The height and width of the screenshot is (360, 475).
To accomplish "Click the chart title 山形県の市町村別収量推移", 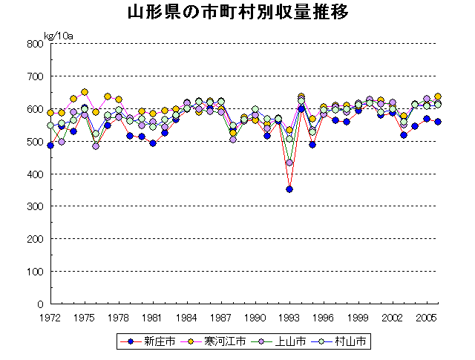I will pos(237,13).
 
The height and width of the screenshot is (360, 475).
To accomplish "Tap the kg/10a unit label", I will pos(59,36).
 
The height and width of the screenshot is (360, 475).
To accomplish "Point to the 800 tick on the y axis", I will pos(34,44).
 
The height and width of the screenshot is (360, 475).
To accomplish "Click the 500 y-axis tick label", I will pos(34,142).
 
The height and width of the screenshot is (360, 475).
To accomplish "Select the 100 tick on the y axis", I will pos(34,272).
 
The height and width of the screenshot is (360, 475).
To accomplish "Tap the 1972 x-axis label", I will pos(50,318).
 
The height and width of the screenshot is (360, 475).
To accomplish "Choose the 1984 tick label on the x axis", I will pos(186,318).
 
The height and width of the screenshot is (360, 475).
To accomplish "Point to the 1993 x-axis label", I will pos(289,318).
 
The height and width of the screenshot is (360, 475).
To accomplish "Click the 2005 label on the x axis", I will pos(426,318).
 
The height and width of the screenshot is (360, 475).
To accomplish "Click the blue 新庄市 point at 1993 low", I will pos(289,189).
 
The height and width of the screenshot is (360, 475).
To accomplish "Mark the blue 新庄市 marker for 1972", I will pos(50,145).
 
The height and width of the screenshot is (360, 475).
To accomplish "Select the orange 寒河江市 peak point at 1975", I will pos(85,92).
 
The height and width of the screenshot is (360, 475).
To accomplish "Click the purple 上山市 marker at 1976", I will pos(96,146).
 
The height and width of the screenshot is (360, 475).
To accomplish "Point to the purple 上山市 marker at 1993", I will pos(289,163).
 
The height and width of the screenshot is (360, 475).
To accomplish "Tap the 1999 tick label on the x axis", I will pos(358,318).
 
